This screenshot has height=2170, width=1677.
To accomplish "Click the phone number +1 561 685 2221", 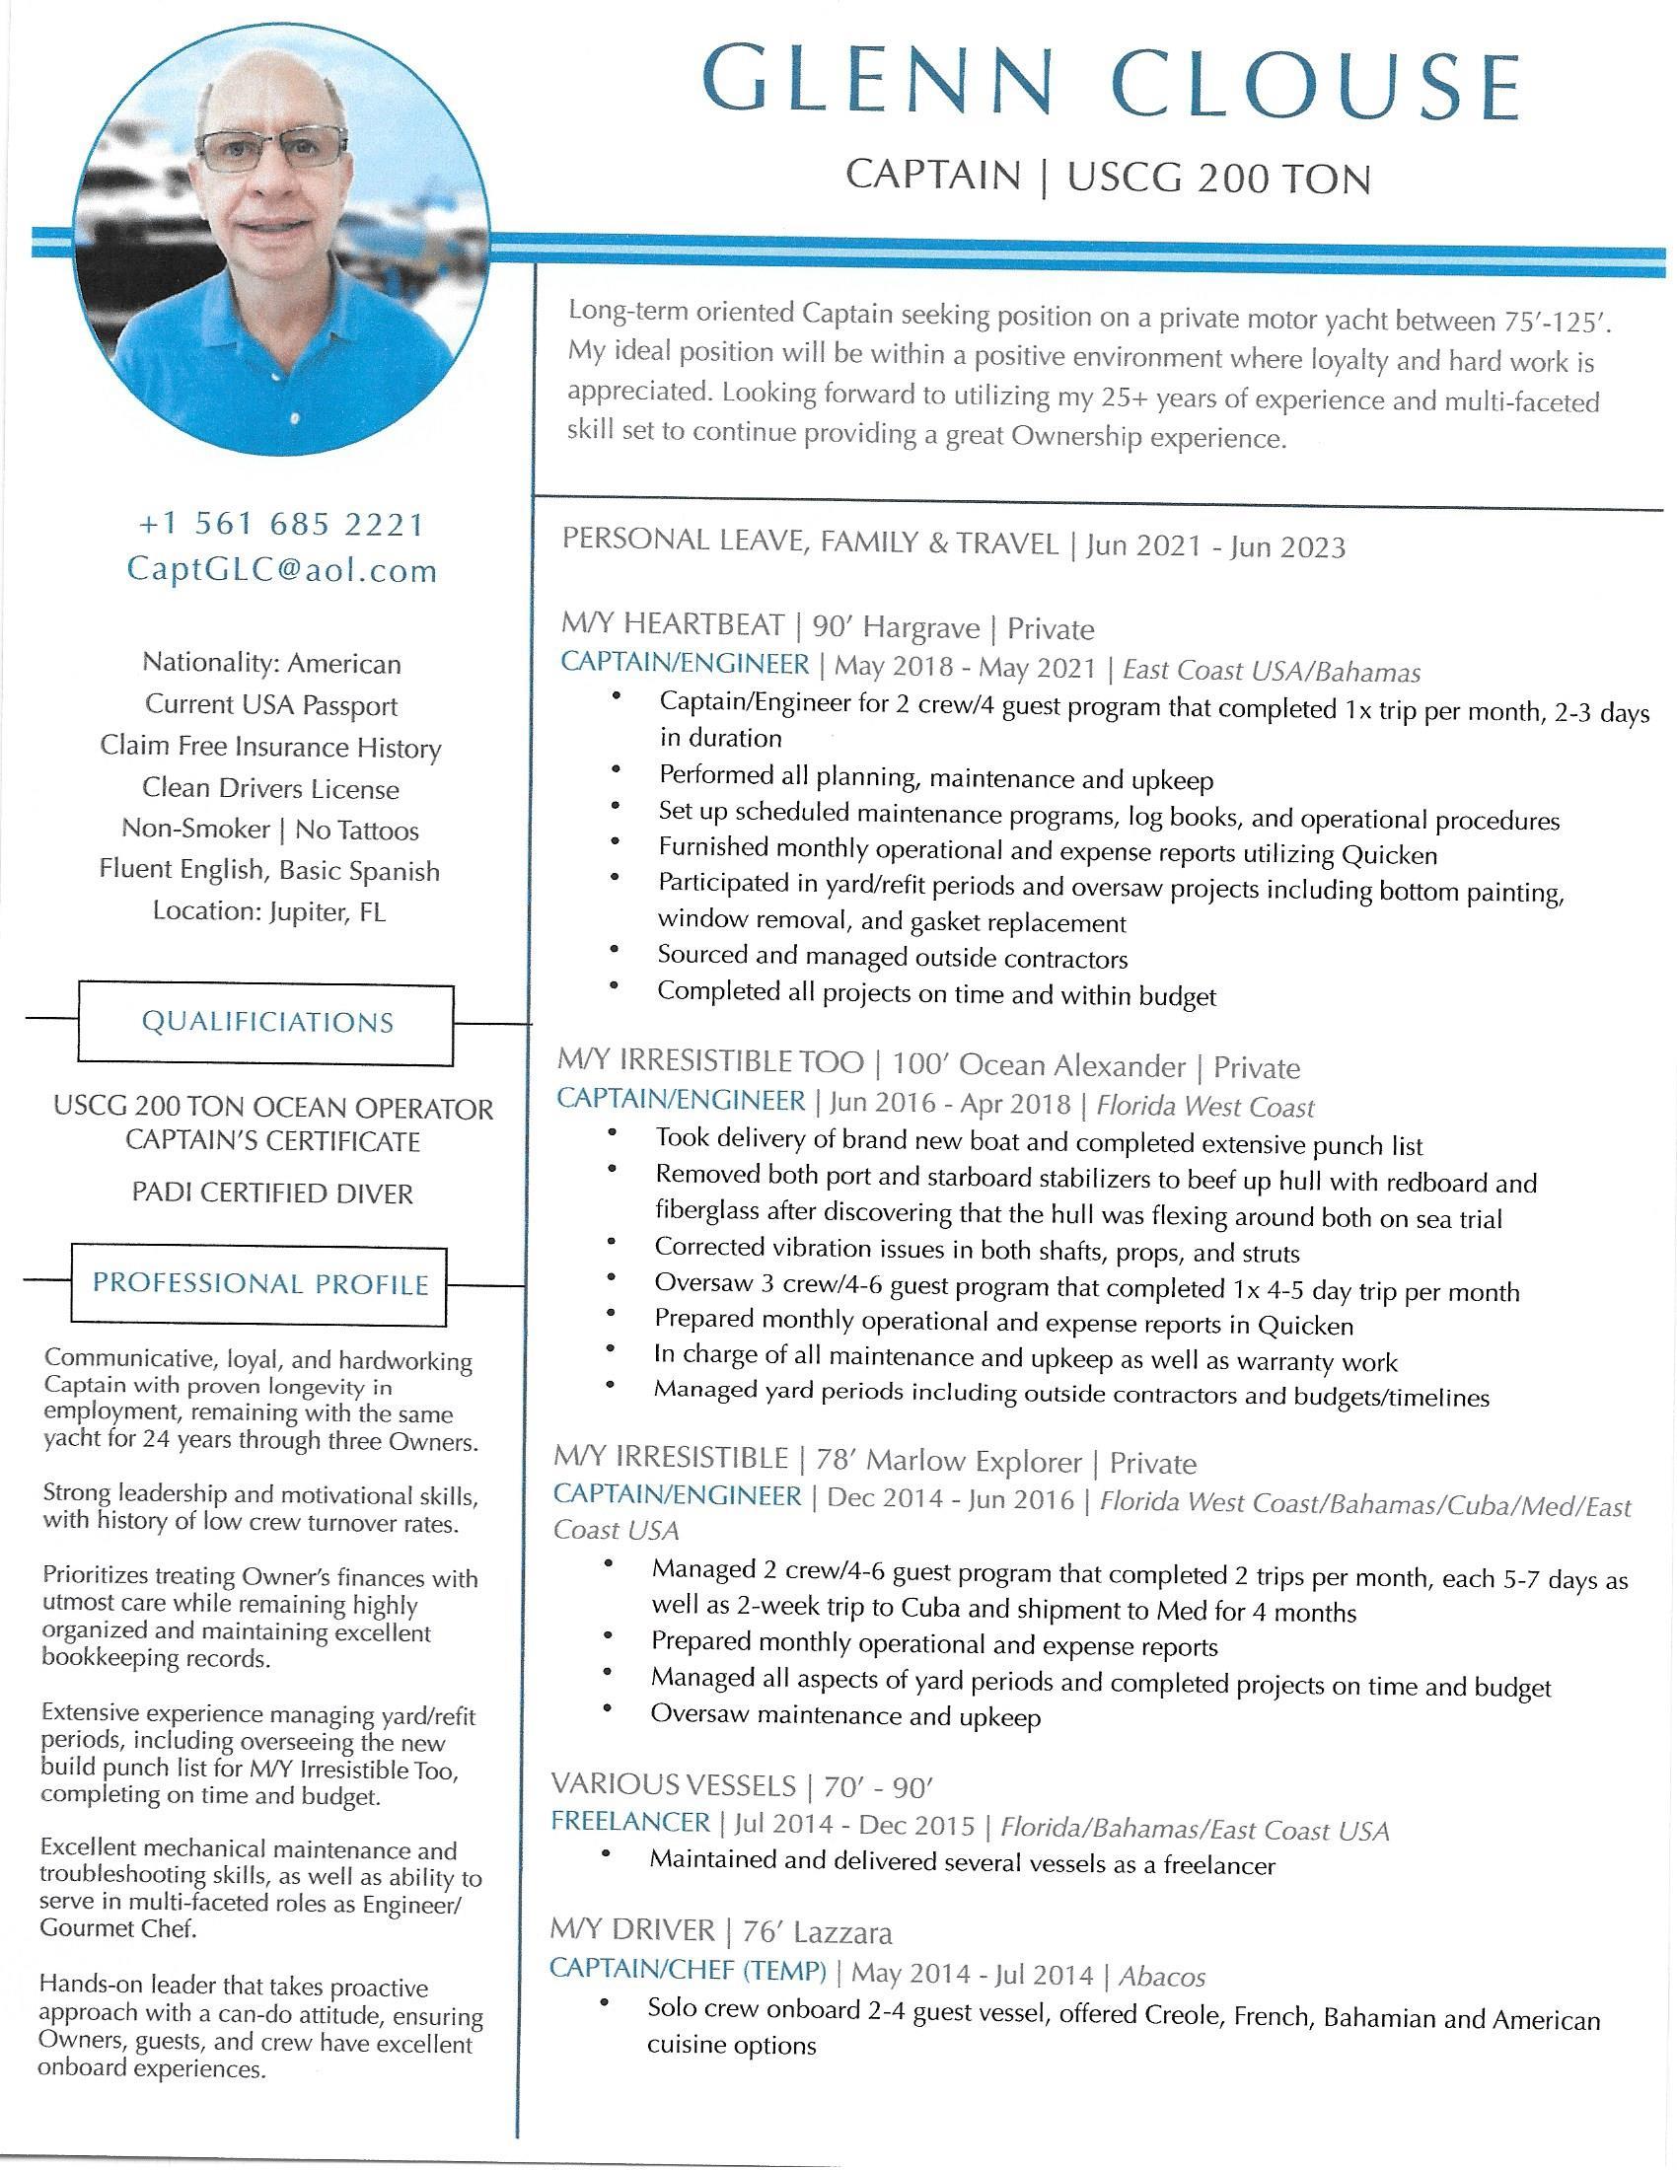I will point(281,525).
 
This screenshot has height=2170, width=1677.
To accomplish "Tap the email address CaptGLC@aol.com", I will point(282,570).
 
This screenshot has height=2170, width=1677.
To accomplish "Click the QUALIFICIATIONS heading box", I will point(267,1023).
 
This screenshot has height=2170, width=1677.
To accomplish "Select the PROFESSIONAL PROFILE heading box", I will point(260,1283).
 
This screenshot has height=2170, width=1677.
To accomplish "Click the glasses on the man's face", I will point(272,150).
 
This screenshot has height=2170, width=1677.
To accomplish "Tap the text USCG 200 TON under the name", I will point(1218,179).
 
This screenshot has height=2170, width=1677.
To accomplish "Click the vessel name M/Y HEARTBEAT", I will point(673,625).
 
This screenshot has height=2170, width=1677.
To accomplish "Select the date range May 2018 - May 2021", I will point(964,668).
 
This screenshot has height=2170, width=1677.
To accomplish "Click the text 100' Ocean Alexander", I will point(1038,1065).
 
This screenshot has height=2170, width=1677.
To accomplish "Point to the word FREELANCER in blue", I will point(631,1822).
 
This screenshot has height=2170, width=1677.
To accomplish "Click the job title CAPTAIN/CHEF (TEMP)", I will point(689,1970).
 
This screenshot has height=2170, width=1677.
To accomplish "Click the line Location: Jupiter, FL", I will point(269,911).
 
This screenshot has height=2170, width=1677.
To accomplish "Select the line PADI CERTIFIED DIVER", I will point(272,1193).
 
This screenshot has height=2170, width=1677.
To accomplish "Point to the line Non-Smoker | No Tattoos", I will point(270,829).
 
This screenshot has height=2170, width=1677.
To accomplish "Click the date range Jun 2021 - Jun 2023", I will point(1215,546).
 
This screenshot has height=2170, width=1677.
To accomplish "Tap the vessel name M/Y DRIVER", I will point(632,1930).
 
